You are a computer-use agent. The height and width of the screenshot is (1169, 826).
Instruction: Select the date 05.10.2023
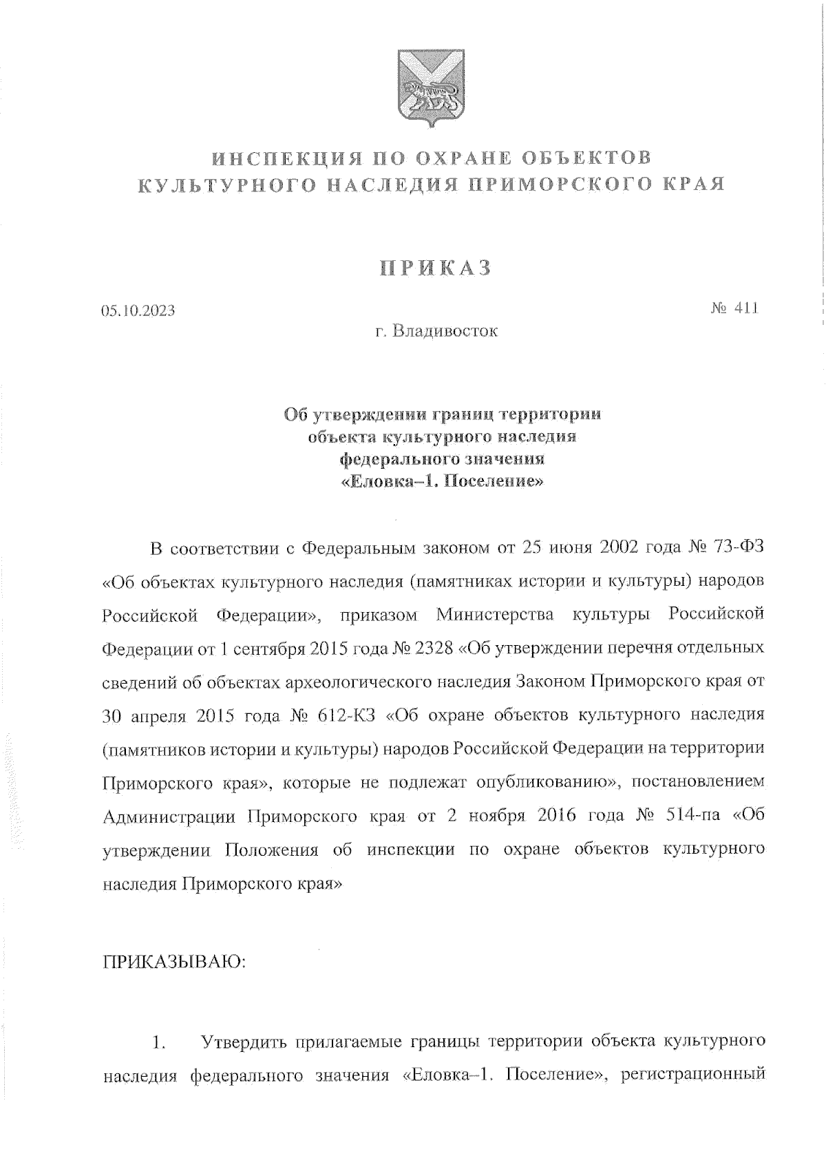(138, 310)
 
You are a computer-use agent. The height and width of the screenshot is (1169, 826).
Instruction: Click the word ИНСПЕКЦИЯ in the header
(284, 158)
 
